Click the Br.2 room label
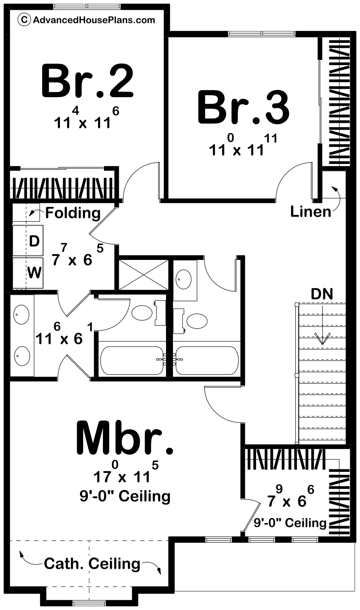[x=88, y=80]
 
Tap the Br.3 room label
[x=243, y=108]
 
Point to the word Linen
[x=311, y=212]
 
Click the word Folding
[x=73, y=213]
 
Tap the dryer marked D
[x=34, y=241]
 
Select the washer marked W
[x=34, y=272]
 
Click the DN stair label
[x=322, y=294]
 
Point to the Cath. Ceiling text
[x=92, y=564]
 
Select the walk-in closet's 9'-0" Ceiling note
[x=290, y=523]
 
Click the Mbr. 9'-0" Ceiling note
[x=125, y=495]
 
